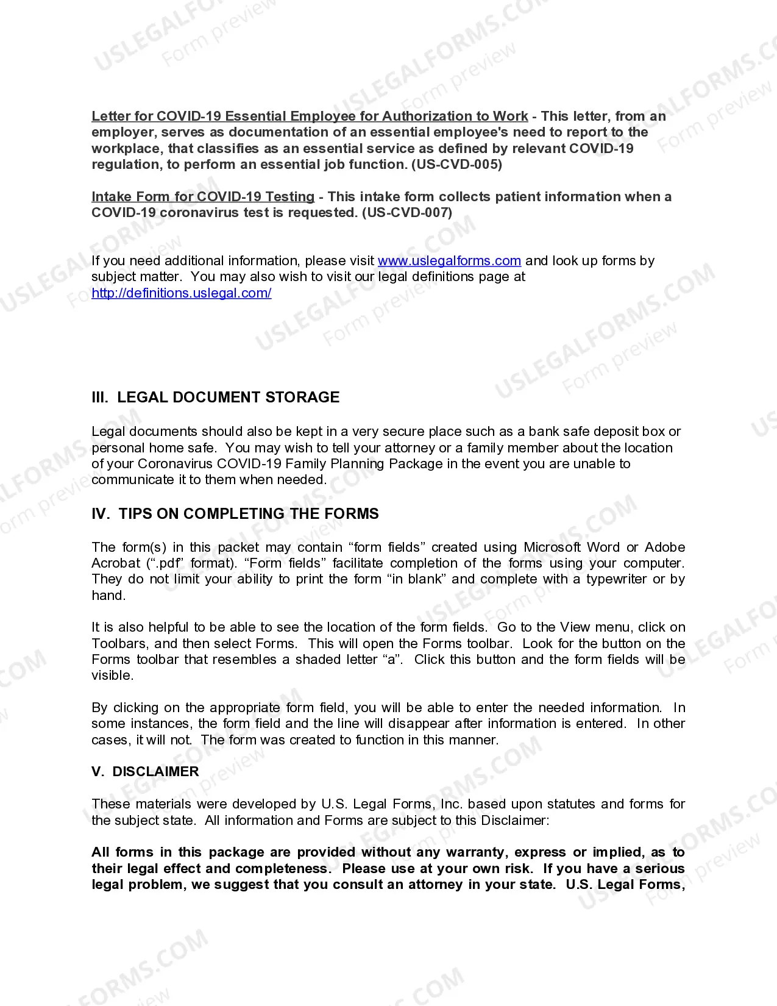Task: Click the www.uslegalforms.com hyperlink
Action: [x=449, y=261]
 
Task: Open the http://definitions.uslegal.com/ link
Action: [x=181, y=293]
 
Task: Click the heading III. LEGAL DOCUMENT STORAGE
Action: [x=215, y=398]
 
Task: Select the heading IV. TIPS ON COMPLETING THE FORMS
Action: [x=235, y=514]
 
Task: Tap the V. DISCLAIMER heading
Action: [x=145, y=772]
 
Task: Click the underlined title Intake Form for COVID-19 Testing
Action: [x=203, y=197]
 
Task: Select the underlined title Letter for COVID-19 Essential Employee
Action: [x=310, y=116]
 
